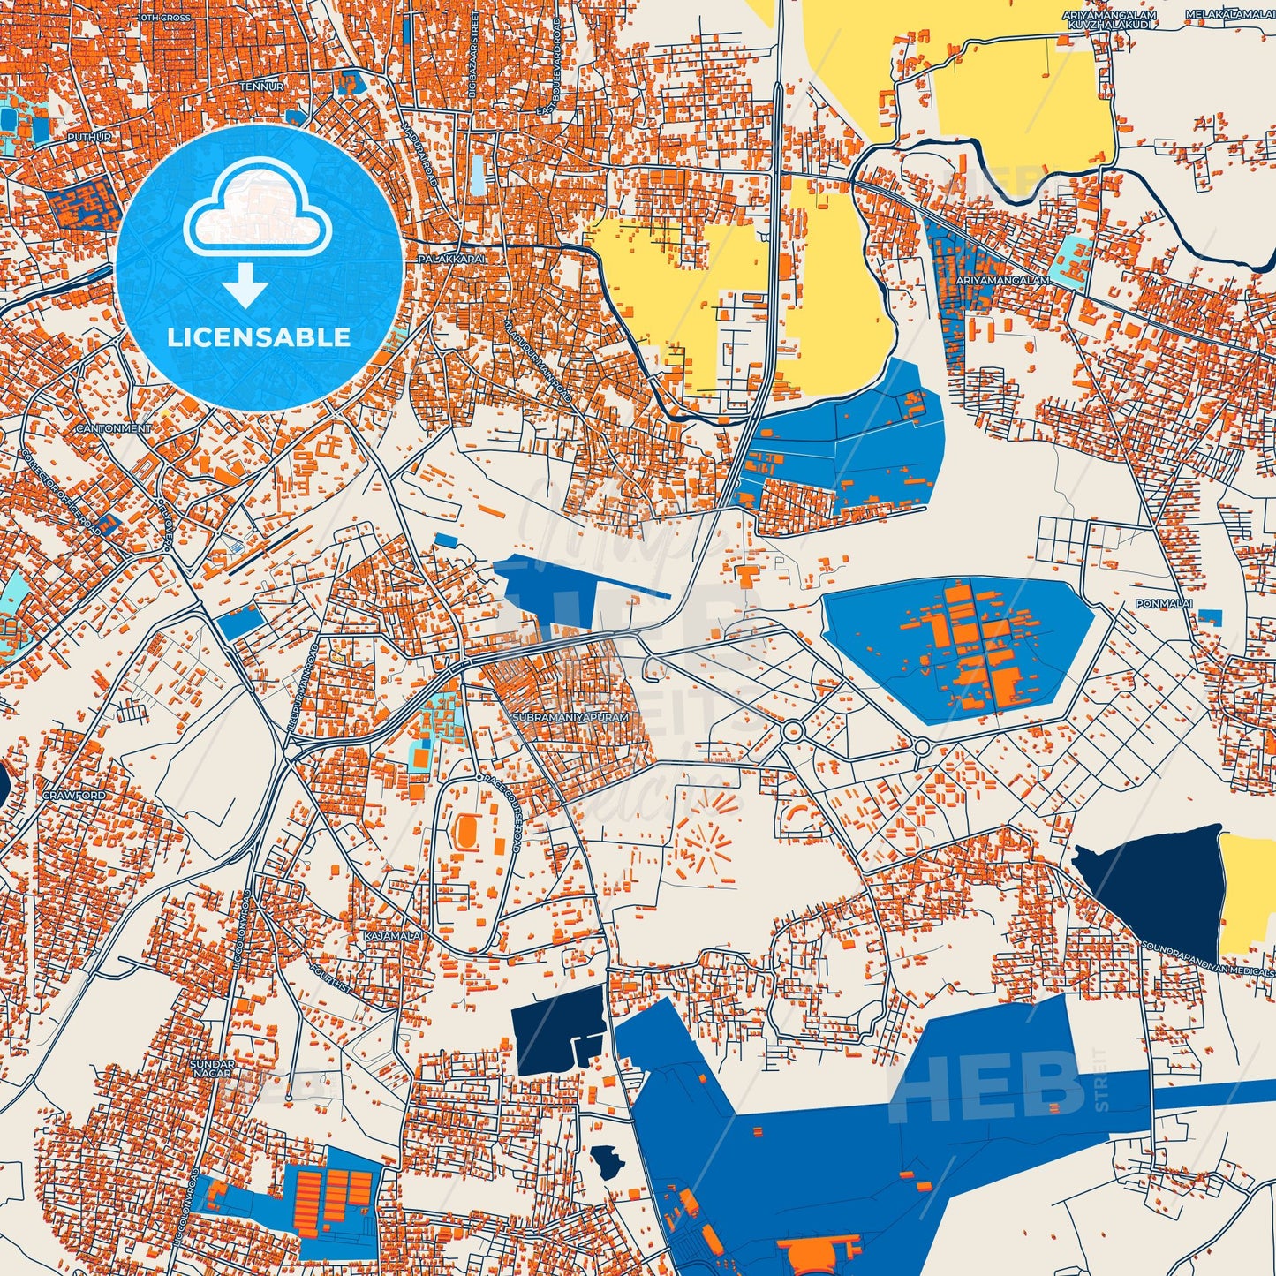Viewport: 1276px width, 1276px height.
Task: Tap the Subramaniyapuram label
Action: coord(570,718)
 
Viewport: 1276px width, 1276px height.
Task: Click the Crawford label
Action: coord(73,796)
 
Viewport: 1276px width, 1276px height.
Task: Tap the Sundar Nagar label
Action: coord(212,1069)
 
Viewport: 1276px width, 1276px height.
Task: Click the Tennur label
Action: coord(261,87)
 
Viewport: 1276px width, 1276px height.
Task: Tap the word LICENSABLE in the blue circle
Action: coord(259,337)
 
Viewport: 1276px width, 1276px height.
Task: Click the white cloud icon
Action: coord(257,218)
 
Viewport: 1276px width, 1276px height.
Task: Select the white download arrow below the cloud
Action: coord(245,287)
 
